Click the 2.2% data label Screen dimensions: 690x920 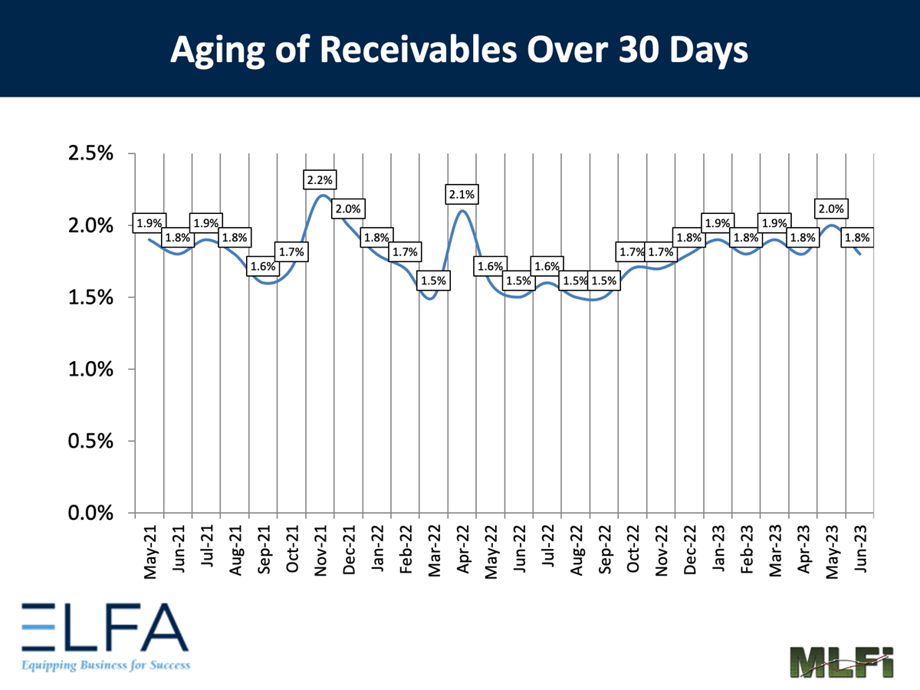pyautogui.click(x=320, y=181)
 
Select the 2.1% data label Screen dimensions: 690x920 pyautogui.click(x=463, y=195)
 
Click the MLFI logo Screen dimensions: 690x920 pyautogui.click(x=841, y=661)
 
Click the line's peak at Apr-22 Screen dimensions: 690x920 pyautogui.click(x=462, y=211)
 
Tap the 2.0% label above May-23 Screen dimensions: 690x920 pyautogui.click(x=831, y=209)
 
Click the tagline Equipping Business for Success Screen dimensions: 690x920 pyautogui.click(x=105, y=665)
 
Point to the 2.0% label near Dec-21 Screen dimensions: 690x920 pyautogui.click(x=349, y=209)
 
